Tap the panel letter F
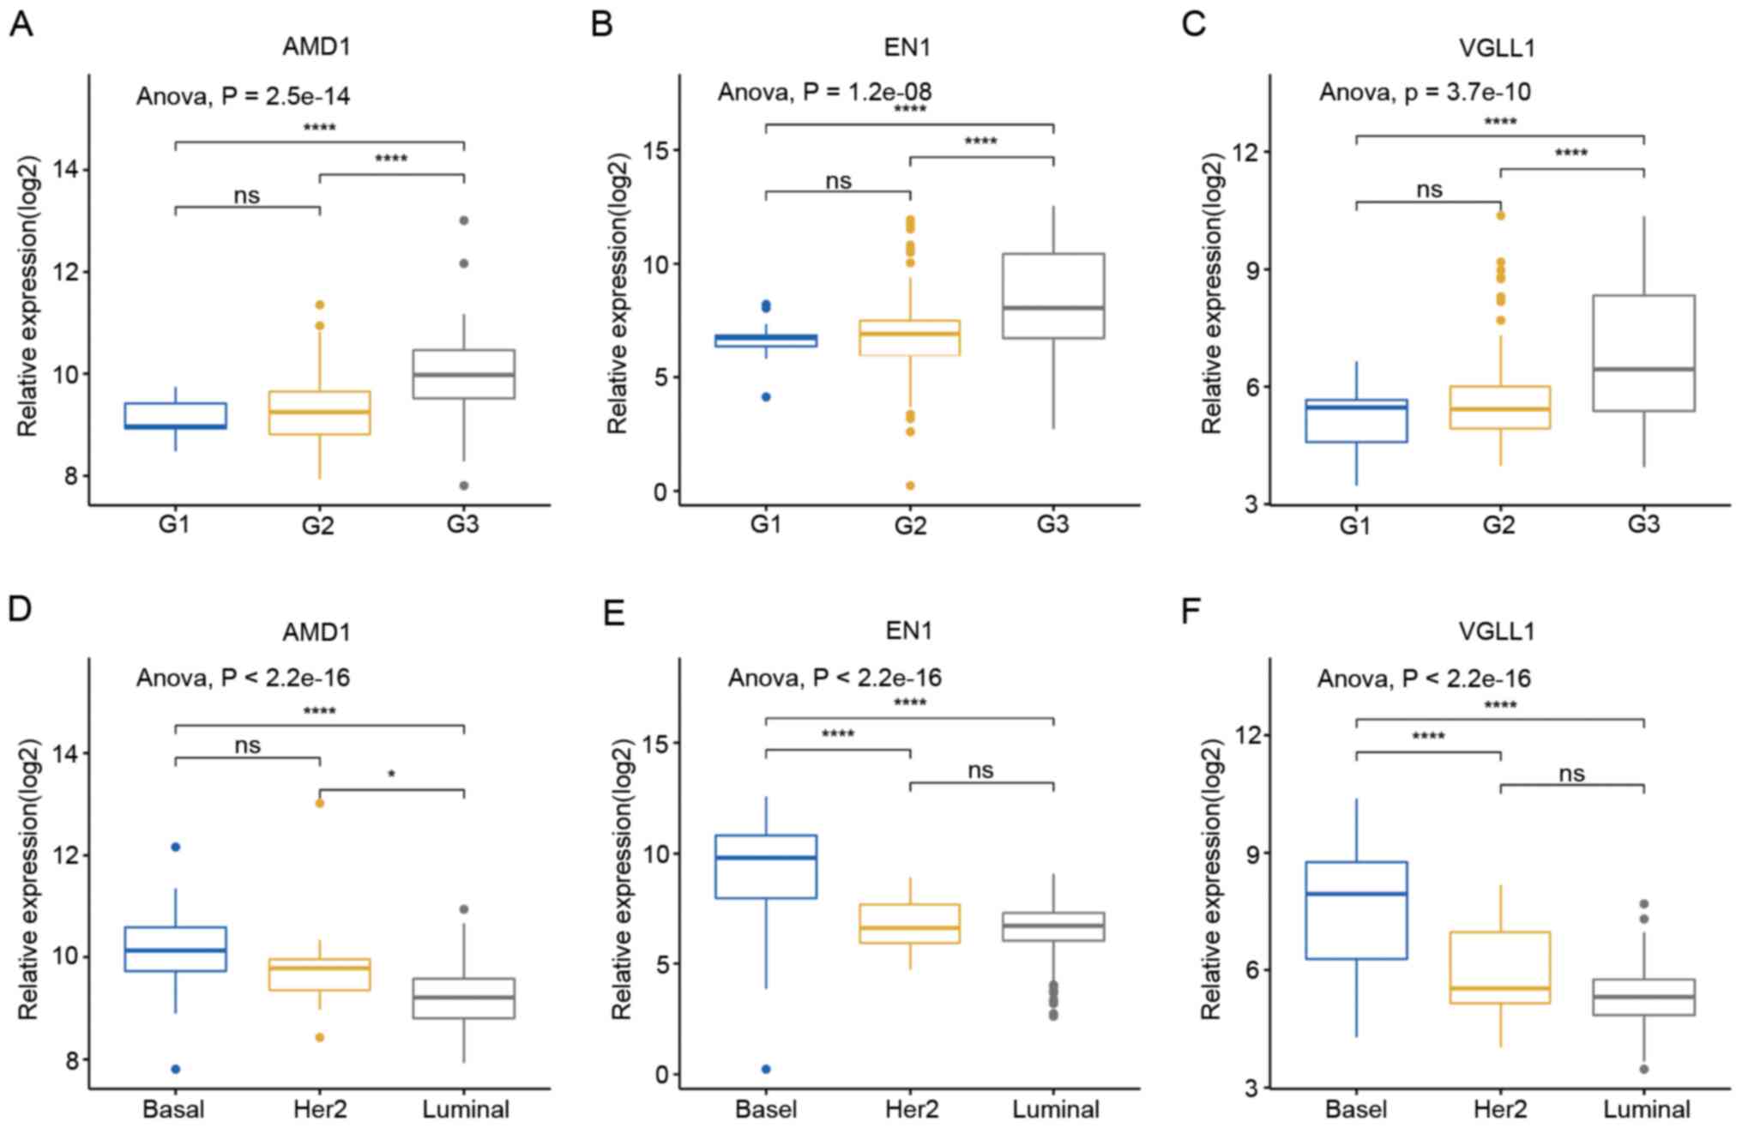click(x=1191, y=611)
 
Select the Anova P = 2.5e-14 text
click(x=243, y=96)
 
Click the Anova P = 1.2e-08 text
click(x=824, y=92)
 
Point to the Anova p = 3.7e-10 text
click(x=1425, y=92)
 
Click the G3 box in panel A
click(x=463, y=374)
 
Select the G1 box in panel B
click(x=766, y=341)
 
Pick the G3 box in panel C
click(x=1644, y=353)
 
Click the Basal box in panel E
click(x=766, y=866)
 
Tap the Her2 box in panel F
click(x=1500, y=968)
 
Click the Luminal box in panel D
click(x=463, y=998)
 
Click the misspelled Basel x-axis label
click(x=765, y=1109)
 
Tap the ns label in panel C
click(x=1429, y=190)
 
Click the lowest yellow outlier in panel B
click(x=910, y=486)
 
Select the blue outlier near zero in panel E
click(x=766, y=1069)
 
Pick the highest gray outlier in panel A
click(x=464, y=220)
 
